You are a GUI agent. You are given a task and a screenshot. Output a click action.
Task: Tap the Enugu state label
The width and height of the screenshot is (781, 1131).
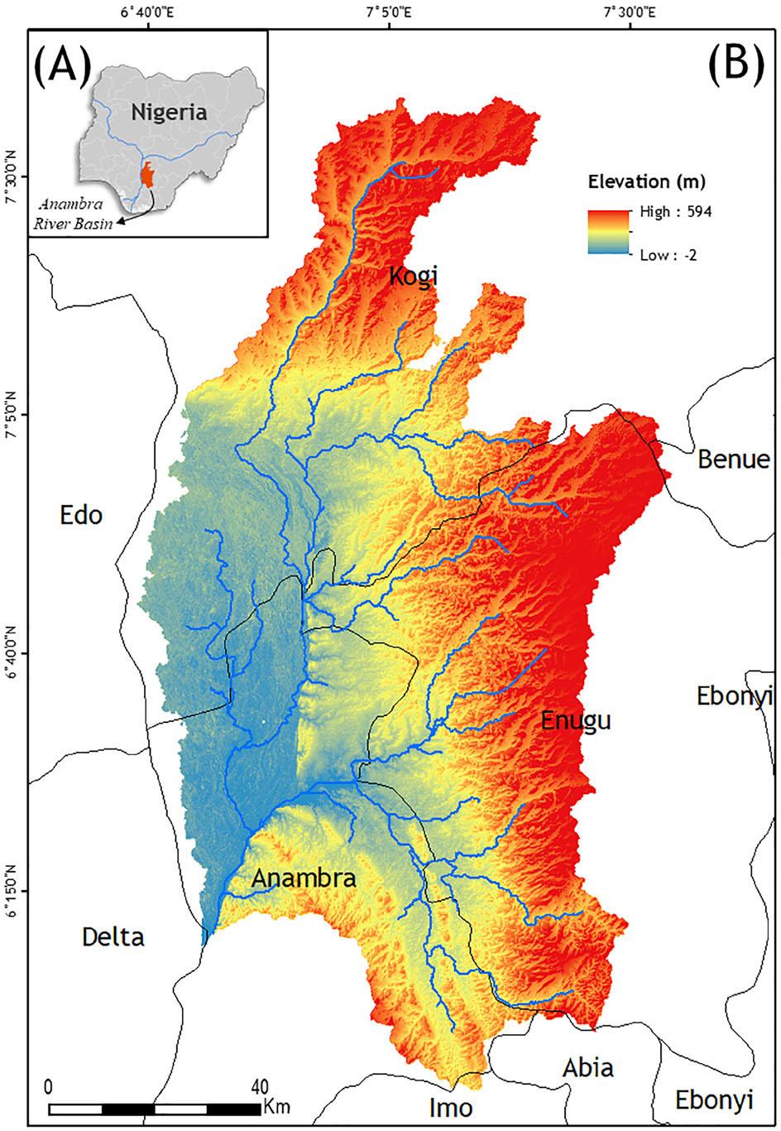576,721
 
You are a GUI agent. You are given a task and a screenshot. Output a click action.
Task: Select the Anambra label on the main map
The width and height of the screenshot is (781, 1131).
304,878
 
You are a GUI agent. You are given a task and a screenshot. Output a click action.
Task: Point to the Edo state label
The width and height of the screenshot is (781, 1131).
82,515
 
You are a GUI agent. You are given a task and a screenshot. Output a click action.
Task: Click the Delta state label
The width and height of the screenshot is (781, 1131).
113,937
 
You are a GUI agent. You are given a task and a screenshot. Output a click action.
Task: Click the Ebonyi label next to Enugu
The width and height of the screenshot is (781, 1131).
734,696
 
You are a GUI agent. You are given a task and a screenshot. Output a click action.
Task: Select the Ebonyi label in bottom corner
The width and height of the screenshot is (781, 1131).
715,1100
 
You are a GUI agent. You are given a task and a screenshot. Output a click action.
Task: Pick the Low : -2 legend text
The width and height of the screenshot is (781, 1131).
668,255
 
